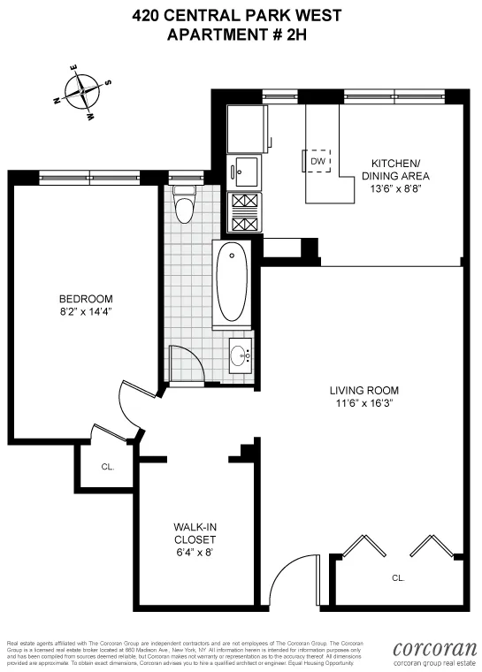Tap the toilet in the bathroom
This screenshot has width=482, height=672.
coord(184,207)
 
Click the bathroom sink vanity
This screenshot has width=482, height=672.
coord(239,357)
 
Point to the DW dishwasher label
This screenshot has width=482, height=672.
coord(318,162)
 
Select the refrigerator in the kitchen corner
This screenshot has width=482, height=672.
coord(244,129)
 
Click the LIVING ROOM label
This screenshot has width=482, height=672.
coord(363,390)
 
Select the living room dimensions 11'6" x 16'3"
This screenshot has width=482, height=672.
coord(363,403)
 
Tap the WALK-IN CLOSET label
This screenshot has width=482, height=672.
coord(195,532)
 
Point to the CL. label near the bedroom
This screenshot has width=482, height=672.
coord(107,466)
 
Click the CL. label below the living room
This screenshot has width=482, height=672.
coord(398,577)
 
